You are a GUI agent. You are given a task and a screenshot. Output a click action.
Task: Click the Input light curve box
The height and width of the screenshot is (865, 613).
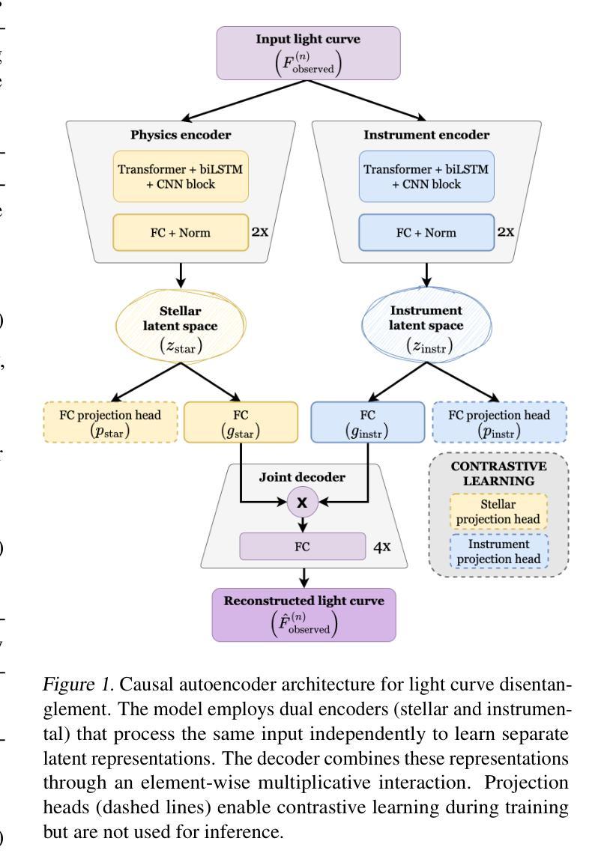tap(308, 53)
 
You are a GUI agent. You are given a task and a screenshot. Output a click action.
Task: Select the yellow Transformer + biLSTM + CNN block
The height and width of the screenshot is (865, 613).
tap(181, 177)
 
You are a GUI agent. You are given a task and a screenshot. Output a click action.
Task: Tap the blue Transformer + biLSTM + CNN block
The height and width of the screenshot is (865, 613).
tap(426, 177)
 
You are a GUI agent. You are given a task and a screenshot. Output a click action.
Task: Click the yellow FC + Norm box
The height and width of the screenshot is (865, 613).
tap(181, 233)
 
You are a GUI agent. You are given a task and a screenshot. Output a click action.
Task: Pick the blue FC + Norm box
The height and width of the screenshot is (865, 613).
tap(426, 233)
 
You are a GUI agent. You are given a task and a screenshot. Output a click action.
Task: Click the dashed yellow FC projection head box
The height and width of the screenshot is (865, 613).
tap(110, 422)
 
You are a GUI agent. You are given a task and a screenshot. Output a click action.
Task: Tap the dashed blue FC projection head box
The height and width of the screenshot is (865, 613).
tap(499, 422)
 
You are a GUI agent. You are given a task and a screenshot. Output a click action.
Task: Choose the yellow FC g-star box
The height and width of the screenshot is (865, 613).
tap(241, 422)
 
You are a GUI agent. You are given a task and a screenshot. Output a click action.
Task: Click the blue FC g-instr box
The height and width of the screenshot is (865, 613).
tap(368, 422)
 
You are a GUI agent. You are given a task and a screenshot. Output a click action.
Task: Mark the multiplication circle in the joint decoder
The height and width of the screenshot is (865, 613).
tap(302, 503)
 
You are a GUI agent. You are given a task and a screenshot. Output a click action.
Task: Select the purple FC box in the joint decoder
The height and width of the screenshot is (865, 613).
tap(302, 547)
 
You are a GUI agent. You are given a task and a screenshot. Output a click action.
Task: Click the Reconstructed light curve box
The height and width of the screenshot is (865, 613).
tap(304, 615)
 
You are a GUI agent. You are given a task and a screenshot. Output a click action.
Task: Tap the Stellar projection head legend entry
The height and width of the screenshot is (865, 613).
tap(498, 512)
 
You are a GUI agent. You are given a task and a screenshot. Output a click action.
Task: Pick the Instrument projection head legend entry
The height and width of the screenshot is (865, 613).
tap(498, 552)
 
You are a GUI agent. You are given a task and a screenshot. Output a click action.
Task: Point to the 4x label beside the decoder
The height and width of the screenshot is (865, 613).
tap(382, 547)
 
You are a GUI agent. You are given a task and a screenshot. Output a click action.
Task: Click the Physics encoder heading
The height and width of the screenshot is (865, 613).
tap(181, 135)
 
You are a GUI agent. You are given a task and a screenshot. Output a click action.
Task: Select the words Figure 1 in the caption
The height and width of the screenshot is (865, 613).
tap(79, 685)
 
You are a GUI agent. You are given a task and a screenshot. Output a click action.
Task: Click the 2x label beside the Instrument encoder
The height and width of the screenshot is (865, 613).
tap(506, 232)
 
